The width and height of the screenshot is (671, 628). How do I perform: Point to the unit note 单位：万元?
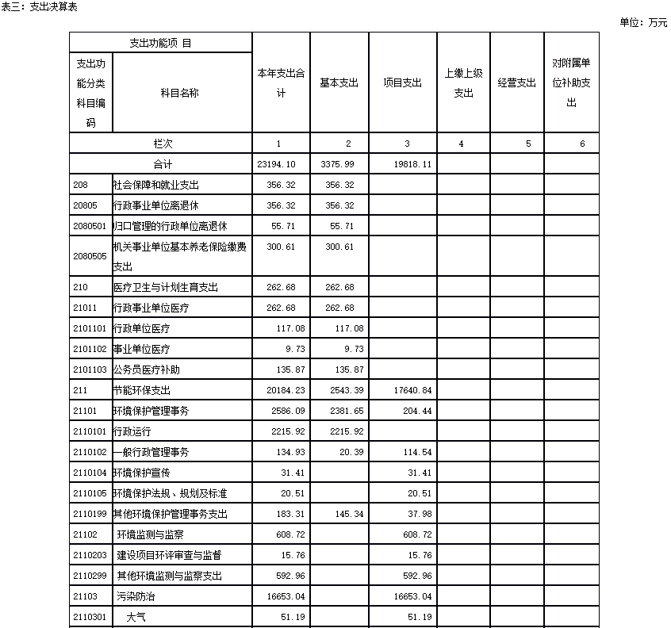tap(643, 22)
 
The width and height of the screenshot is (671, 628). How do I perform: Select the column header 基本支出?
tap(339, 82)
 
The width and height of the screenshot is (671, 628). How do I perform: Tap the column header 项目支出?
tap(402, 82)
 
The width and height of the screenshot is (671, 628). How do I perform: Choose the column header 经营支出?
tap(516, 82)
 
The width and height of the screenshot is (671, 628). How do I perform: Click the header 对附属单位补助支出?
tap(571, 82)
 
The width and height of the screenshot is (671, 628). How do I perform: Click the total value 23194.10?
tap(276, 164)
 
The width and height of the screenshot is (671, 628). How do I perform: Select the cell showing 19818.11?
tap(412, 164)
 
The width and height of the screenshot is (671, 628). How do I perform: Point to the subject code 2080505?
tap(89, 257)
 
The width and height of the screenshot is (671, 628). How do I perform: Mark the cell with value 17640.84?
tap(412, 390)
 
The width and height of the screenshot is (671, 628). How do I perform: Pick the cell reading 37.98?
tap(418, 514)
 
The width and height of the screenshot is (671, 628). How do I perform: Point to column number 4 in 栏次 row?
tap(461, 144)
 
